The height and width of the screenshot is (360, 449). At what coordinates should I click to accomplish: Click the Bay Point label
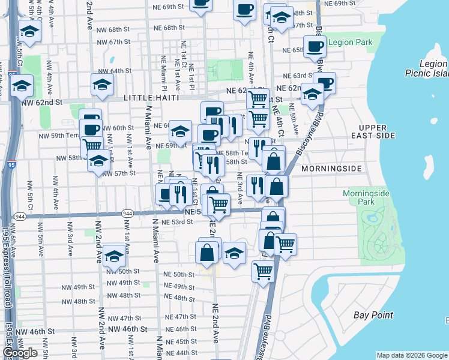point(373,315)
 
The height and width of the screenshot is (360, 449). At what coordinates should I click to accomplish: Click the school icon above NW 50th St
point(114,256)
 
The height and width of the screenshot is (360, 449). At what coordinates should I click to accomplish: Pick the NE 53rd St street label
point(178,222)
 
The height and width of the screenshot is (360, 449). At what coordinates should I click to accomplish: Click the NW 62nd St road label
point(41,103)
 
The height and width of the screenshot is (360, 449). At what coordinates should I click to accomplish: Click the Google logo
point(20,353)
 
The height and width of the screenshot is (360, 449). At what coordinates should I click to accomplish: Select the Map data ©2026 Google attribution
point(411,355)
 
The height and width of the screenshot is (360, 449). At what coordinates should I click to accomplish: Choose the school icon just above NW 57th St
point(99,160)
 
